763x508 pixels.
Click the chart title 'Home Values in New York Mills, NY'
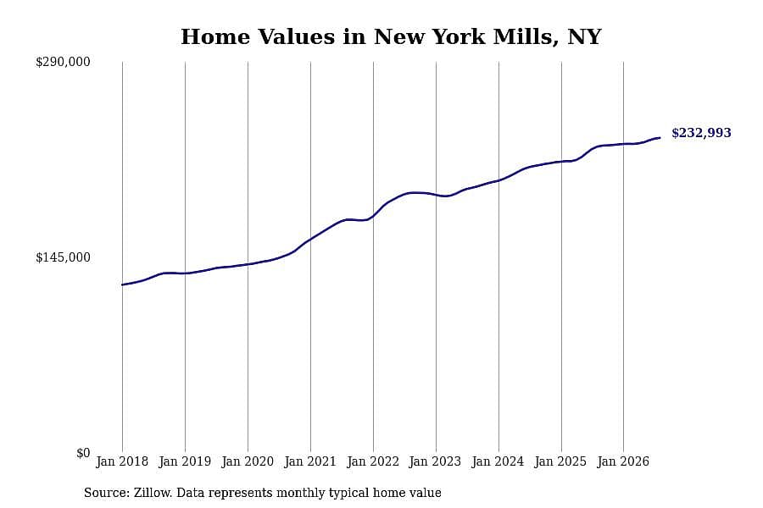coord(391,37)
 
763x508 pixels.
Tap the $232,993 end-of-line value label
coord(701,133)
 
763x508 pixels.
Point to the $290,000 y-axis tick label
coord(63,62)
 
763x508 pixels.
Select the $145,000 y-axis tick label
coord(63,257)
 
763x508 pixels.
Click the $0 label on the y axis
coord(83,453)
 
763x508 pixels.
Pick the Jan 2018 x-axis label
coord(122,461)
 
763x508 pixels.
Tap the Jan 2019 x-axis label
coord(185,461)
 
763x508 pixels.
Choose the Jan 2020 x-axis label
coord(248,461)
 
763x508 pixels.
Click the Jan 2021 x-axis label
coord(310,461)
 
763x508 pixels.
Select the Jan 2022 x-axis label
coord(373,461)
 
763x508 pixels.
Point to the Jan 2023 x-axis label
coord(435,461)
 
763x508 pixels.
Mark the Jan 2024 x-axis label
coord(498,461)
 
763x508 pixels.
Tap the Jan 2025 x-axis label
coord(560,461)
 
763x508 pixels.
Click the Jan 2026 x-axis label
coord(623,461)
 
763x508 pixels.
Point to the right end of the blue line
coord(660,137)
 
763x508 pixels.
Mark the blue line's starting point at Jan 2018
coord(122,284)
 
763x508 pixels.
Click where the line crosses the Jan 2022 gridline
coord(373,216)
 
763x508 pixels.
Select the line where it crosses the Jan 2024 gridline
coord(498,180)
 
